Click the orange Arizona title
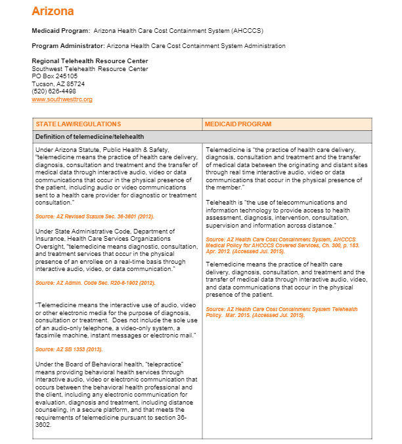click(53, 11)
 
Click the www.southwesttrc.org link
click(62, 99)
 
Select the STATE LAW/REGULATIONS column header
click(78, 124)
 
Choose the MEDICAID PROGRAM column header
click(238, 124)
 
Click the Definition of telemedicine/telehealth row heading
click(90, 137)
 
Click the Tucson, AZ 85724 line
click(58, 84)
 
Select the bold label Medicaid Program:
click(61, 31)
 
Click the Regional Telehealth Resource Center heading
click(90, 61)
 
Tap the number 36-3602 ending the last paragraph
click(49, 406)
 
